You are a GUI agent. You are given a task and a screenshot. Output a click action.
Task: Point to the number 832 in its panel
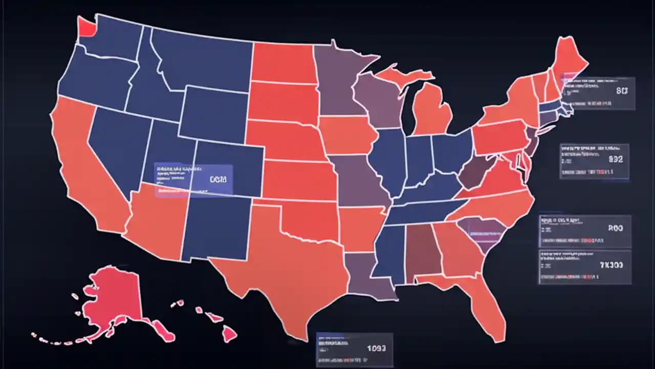616,159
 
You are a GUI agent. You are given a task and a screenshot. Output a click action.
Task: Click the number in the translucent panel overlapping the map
217,179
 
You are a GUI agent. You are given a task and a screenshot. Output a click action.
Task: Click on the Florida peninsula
489,307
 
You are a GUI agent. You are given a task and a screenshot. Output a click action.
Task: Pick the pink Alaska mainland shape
115,297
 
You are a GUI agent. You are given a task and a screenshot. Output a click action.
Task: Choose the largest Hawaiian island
229,335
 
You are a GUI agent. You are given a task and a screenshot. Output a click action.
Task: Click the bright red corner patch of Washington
86,27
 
